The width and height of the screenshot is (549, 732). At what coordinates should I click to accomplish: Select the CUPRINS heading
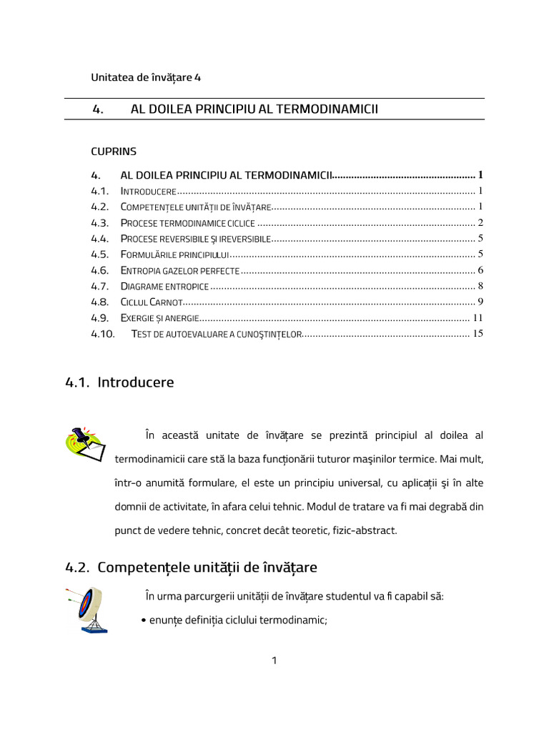[x=113, y=152]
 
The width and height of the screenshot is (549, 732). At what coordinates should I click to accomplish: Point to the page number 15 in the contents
[x=478, y=333]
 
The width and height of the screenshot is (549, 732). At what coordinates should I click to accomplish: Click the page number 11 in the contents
[x=478, y=317]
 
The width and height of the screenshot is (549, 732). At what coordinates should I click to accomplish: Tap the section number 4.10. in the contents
[x=103, y=333]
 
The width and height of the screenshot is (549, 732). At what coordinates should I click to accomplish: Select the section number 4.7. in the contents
[x=100, y=286]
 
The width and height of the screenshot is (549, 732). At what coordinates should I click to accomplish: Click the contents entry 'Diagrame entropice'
[x=164, y=286]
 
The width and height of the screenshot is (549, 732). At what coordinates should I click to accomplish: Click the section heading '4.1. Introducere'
[x=119, y=382]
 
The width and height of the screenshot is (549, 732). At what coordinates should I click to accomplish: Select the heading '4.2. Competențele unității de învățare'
[x=191, y=568]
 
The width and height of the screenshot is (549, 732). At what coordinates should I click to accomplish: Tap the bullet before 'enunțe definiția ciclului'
[x=145, y=621]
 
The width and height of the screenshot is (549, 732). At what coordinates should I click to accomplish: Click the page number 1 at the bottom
[x=274, y=661]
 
